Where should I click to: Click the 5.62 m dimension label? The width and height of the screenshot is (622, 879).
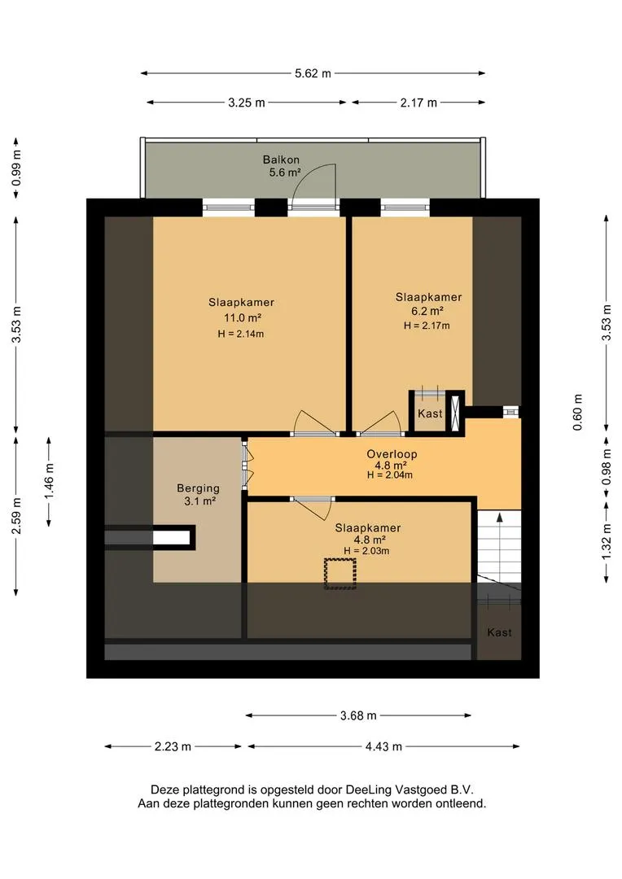pos(313,73)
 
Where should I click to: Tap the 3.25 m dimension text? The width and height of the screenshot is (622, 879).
pos(246,103)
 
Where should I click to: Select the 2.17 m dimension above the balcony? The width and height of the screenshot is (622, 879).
pos(418,103)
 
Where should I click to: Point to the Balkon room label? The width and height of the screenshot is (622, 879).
pos(281,160)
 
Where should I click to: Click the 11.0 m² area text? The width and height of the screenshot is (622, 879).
pos(243,318)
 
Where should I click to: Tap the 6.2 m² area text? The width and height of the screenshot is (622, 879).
pos(427,311)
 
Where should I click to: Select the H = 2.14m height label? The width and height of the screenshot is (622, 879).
pos(241,335)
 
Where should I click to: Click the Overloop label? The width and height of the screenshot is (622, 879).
pos(392,454)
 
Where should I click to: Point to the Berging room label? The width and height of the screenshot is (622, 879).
pos(198,488)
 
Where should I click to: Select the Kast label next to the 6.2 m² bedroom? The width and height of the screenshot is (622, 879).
pos(430,413)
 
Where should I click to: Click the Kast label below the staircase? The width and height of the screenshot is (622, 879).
pos(499,632)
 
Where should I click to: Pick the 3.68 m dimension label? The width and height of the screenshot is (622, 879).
pos(358,715)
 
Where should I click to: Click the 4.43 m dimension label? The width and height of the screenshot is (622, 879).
pos(383,746)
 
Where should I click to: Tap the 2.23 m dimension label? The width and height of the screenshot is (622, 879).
pos(173,746)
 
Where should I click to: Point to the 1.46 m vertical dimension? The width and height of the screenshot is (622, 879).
pos(50,481)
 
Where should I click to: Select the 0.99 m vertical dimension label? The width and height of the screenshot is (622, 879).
pos(17,168)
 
